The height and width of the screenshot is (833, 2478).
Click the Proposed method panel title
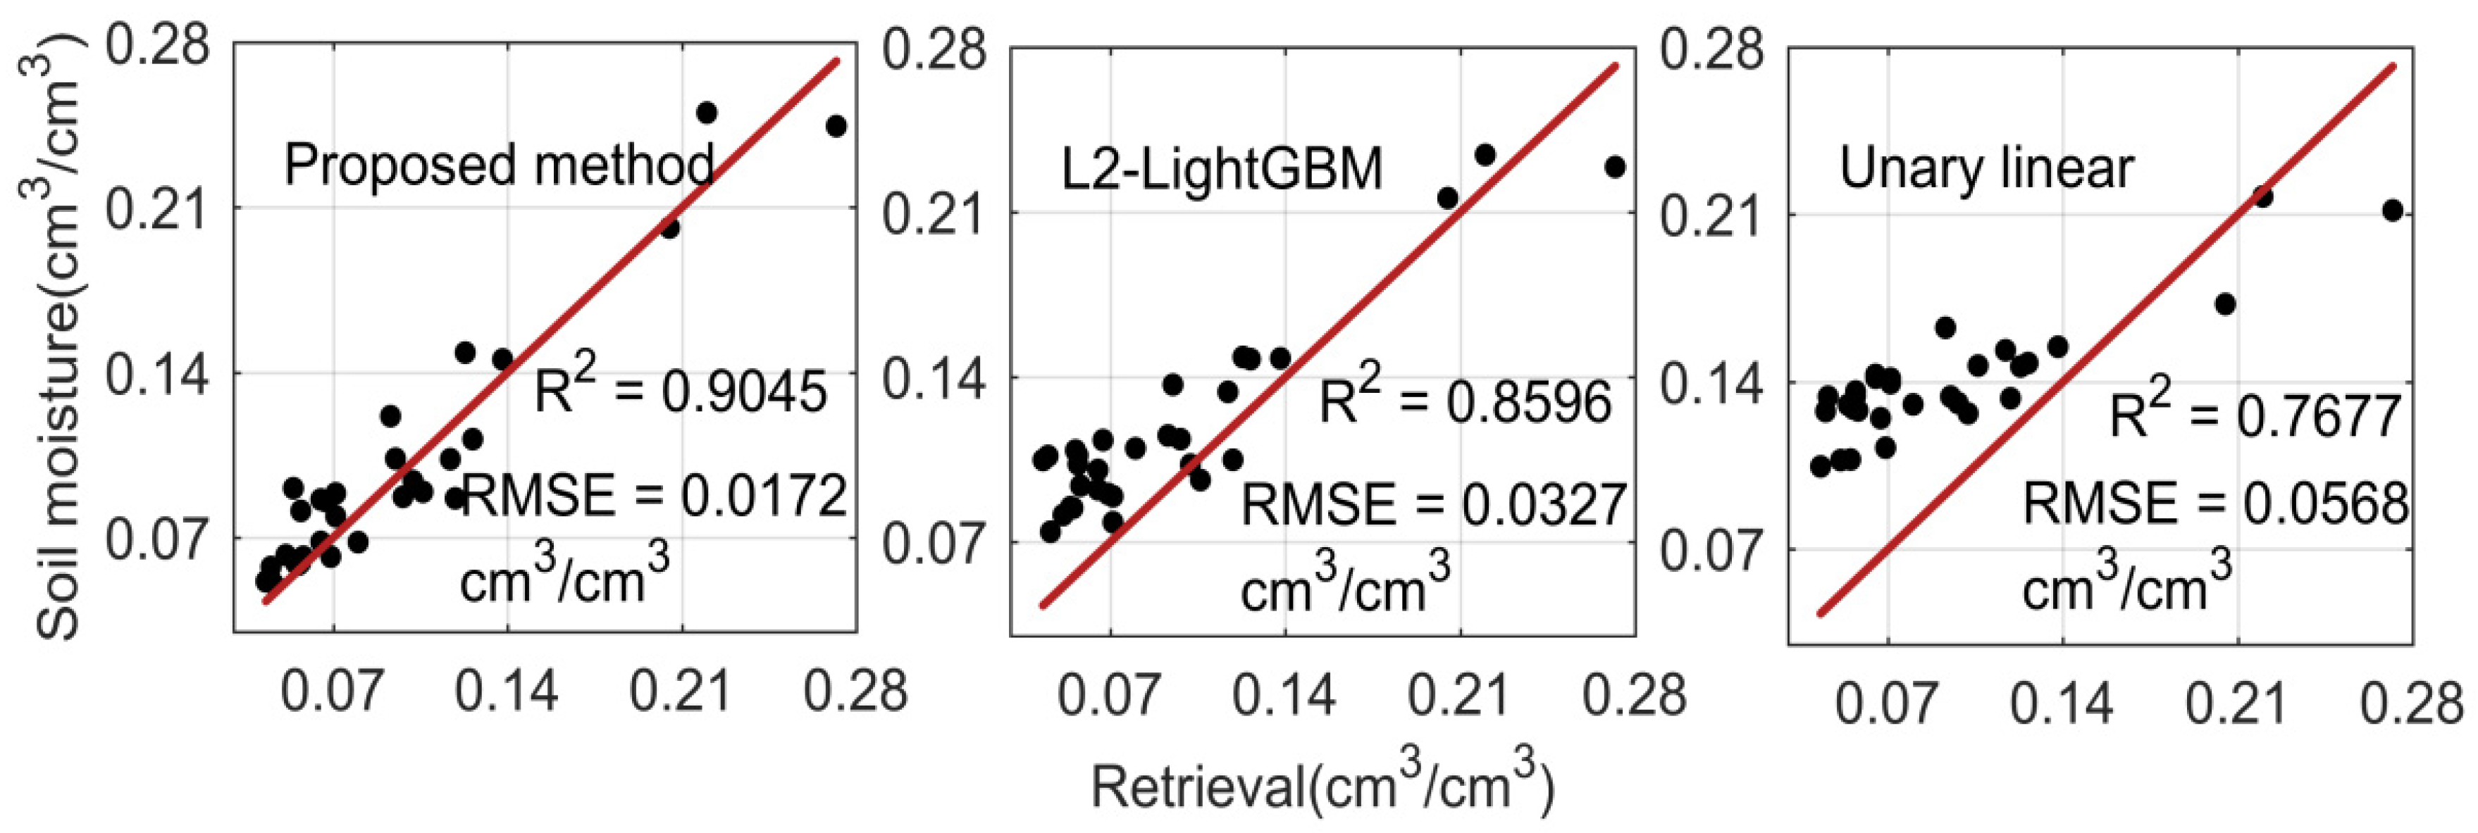pyautogui.click(x=498, y=165)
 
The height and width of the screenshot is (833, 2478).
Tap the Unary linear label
pyautogui.click(x=1986, y=168)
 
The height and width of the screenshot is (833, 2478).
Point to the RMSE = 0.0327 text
pyautogui.click(x=1433, y=505)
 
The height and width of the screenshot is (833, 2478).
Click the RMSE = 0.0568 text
pyautogui.click(x=2215, y=503)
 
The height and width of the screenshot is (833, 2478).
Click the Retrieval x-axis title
pyautogui.click(x=1322, y=787)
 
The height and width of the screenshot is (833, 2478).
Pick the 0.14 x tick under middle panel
pyautogui.click(x=1285, y=694)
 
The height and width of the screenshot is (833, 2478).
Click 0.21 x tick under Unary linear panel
pyautogui.click(x=2235, y=704)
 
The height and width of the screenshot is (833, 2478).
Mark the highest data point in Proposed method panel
pyautogui.click(x=706, y=113)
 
